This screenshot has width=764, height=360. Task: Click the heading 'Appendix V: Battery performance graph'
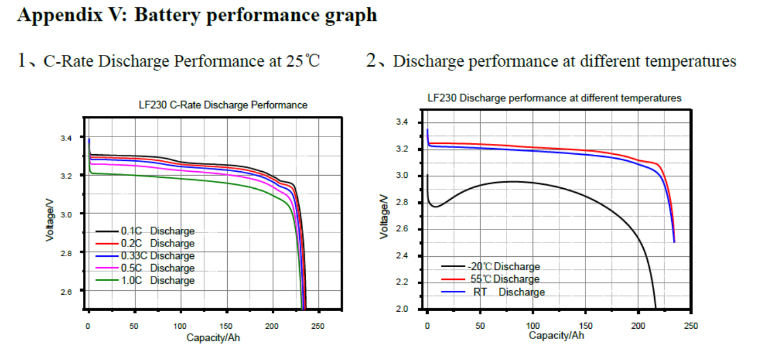click(197, 15)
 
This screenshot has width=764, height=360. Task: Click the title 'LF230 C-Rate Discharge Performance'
click(223, 105)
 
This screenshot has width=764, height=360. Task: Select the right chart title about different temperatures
click(554, 98)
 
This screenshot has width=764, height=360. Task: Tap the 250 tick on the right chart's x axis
click(691, 325)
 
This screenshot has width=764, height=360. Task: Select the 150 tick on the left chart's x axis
click(226, 326)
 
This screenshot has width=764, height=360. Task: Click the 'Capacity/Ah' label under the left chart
click(213, 337)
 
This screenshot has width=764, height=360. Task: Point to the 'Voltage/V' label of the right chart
click(384, 215)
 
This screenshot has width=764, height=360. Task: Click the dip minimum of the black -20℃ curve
click(436, 206)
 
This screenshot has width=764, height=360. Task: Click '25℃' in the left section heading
click(302, 60)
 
